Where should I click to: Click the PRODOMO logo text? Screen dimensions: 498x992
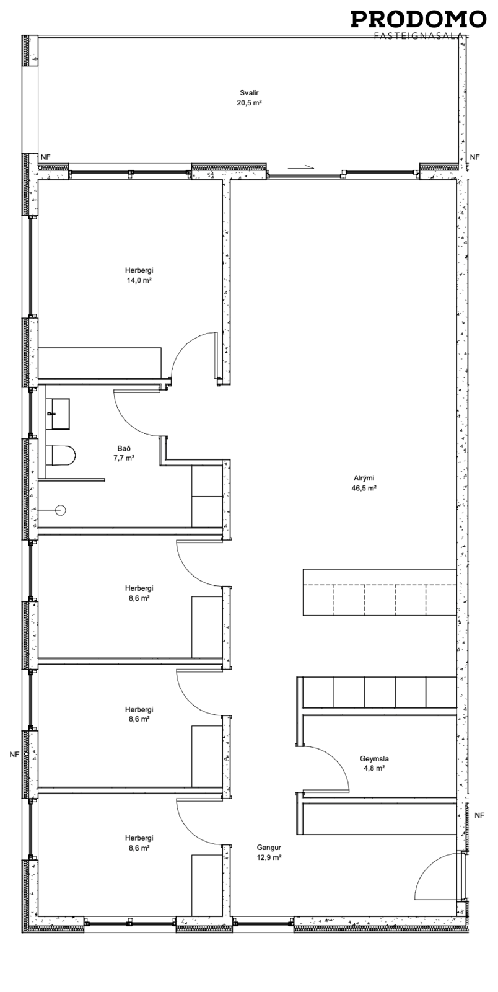pos(418,19)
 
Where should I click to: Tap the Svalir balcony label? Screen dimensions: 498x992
pos(249,93)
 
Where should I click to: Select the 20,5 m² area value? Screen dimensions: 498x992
pos(249,103)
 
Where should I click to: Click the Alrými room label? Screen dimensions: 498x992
pos(364,478)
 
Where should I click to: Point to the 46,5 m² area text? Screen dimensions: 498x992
pos(364,489)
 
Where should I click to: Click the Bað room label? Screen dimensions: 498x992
pos(124,448)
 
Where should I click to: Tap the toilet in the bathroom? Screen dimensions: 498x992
pos(61,455)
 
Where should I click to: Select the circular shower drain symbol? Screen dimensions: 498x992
pos(61,510)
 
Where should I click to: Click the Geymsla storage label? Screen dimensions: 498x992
pos(374,759)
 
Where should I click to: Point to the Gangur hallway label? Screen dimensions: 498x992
pos(269,848)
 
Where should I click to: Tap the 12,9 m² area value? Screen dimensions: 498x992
pos(269,857)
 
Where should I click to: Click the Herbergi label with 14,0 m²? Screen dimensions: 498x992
pos(139,270)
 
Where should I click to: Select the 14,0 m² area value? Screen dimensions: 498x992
pos(139,280)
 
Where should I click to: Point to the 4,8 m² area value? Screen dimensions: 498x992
pos(374,768)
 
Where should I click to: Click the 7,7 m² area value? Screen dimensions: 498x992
pos(124,458)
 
